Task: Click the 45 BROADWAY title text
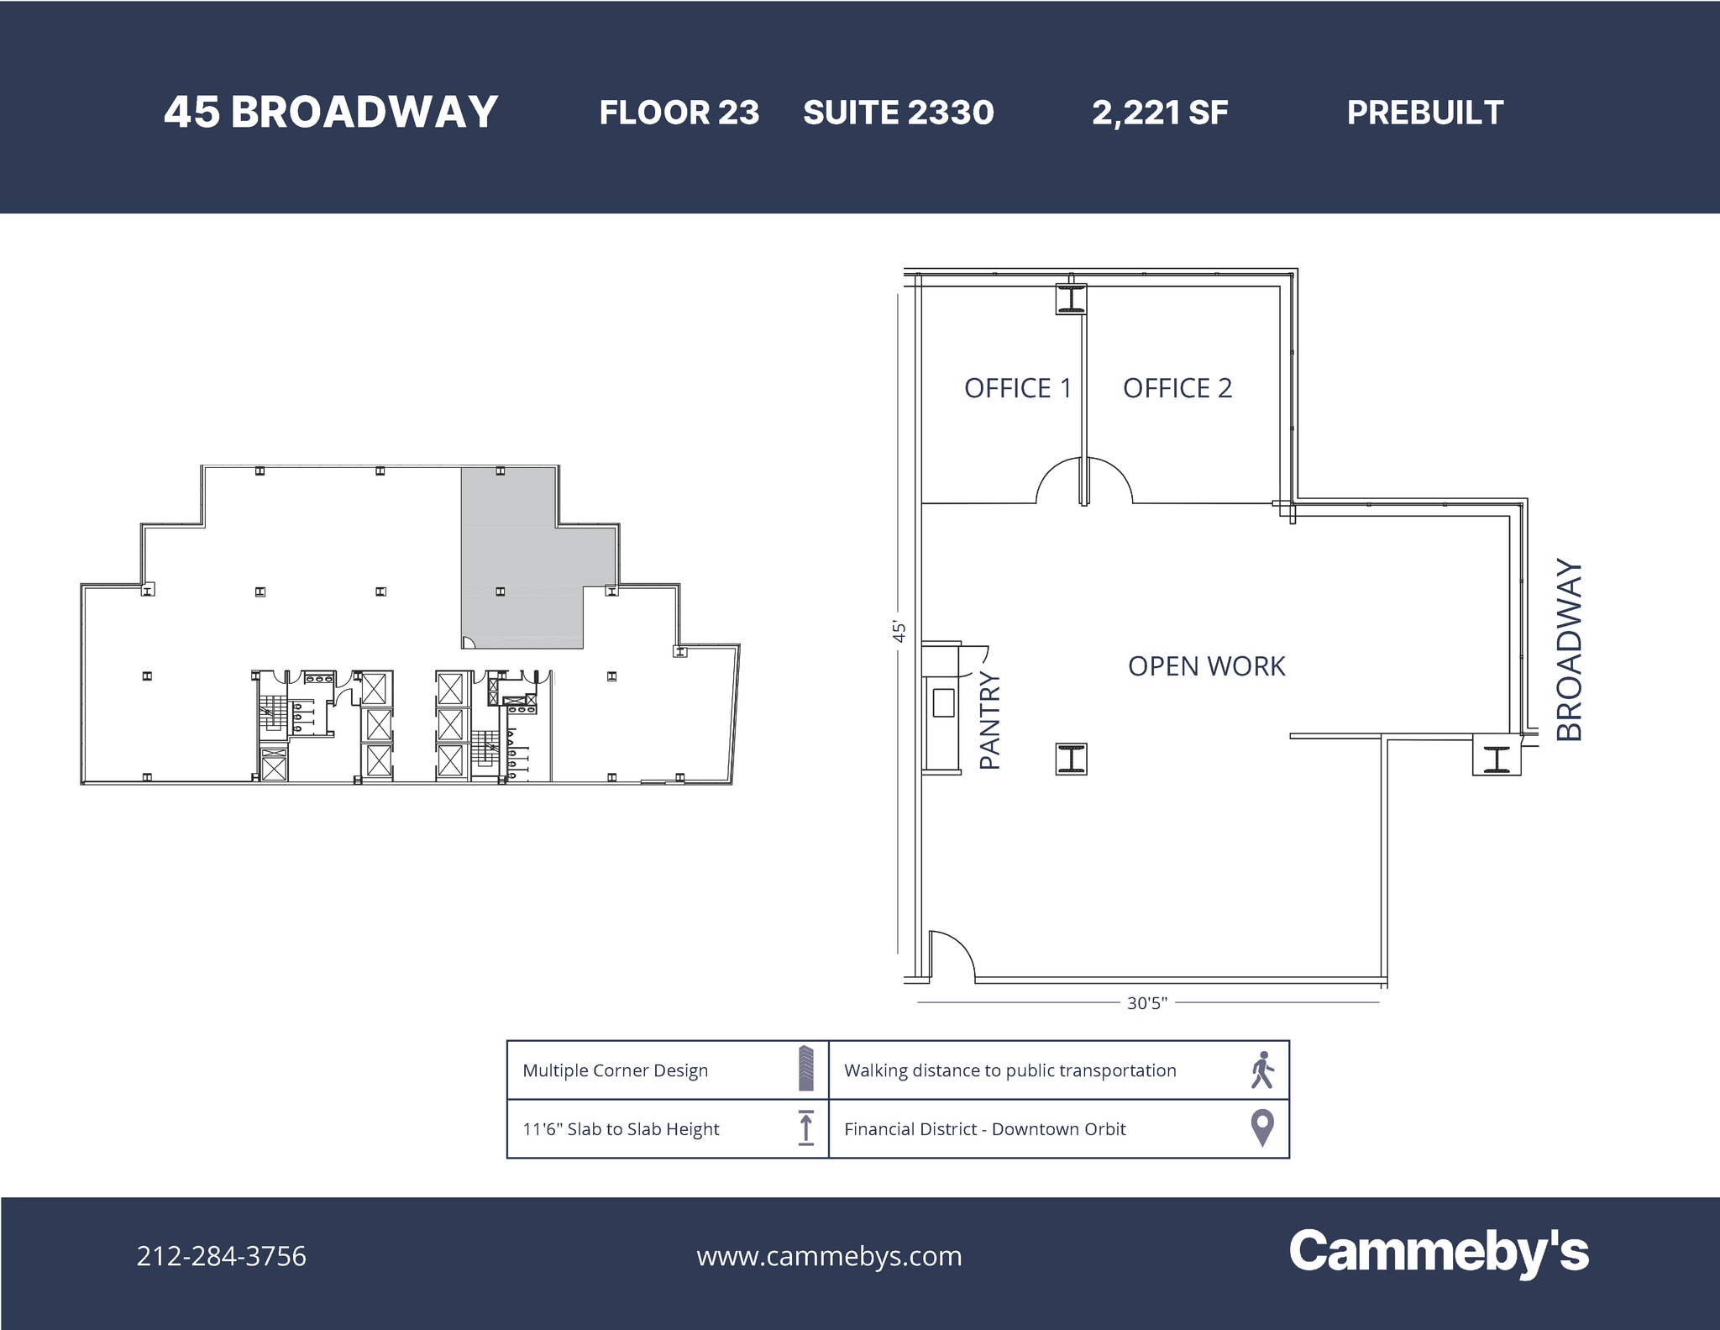[331, 113]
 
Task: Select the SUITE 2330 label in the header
[898, 113]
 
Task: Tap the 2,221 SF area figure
[1160, 113]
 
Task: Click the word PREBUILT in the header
[1424, 113]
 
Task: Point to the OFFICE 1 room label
[1017, 388]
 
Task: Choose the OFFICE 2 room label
[1177, 388]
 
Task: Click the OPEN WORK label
[1206, 666]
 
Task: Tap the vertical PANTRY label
[990, 721]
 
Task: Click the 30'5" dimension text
[1146, 1003]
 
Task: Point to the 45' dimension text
[899, 632]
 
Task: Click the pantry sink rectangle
[943, 702]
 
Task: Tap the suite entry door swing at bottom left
[952, 956]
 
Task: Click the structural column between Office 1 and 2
[1071, 299]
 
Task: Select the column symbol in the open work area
[1071, 759]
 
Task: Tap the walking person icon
[1261, 1070]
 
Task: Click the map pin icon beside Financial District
[1261, 1128]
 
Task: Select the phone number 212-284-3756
[222, 1256]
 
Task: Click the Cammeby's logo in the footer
[1438, 1252]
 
